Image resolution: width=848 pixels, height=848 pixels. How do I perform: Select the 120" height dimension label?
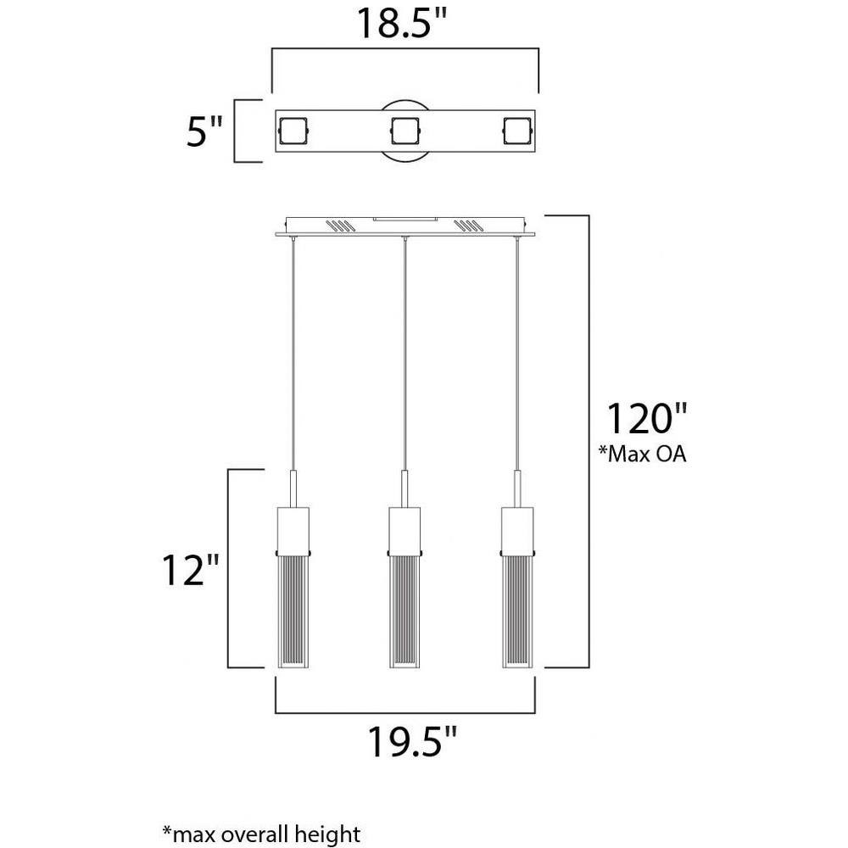(x=646, y=418)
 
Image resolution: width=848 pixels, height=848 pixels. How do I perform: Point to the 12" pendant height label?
(x=190, y=570)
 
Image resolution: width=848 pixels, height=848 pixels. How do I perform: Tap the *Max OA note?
(x=642, y=454)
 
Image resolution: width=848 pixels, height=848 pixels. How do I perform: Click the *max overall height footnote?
(x=261, y=834)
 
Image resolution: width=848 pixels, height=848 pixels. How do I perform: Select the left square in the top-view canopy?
(x=293, y=131)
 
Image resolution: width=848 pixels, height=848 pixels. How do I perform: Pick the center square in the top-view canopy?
(x=405, y=131)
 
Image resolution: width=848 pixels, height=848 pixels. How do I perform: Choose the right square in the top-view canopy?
(x=517, y=131)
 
